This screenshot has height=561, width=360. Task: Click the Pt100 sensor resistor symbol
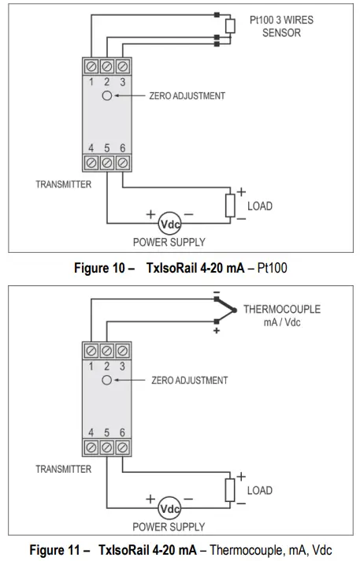pyautogui.click(x=230, y=26)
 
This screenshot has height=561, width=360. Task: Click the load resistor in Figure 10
pyautogui.click(x=230, y=205)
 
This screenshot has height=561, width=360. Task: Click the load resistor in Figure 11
pyautogui.click(x=230, y=489)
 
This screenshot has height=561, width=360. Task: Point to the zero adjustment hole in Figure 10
pyautogui.click(x=106, y=95)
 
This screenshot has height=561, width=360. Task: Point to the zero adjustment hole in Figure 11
pyautogui.click(x=106, y=380)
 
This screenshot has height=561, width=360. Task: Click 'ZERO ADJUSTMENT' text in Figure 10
pyautogui.click(x=187, y=96)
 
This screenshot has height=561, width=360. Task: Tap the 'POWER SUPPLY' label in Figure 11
pyautogui.click(x=169, y=526)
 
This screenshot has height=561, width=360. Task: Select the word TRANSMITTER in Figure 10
pyautogui.click(x=64, y=184)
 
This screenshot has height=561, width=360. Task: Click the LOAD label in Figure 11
pyautogui.click(x=259, y=490)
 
